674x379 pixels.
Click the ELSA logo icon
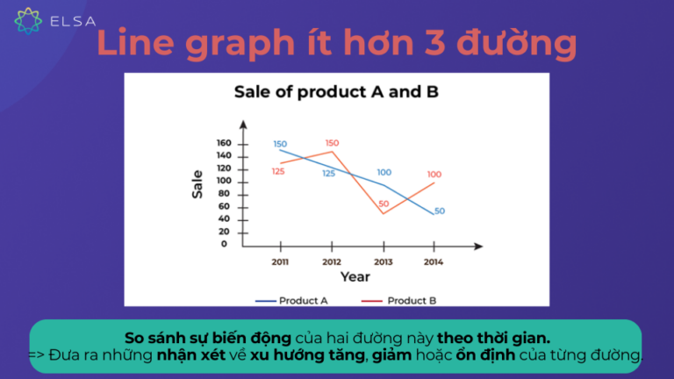28,19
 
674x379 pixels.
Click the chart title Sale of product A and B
336,92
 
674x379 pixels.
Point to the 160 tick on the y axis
224,144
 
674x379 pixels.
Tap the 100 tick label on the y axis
224,181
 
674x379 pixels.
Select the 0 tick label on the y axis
225,244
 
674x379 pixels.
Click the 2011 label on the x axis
279,261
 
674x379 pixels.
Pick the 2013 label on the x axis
383,261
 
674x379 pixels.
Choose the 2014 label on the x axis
433,261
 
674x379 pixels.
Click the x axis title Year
355,277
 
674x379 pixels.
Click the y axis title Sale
198,188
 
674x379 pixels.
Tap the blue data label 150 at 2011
280,144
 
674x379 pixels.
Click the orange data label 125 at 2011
278,171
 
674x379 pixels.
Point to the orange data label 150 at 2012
332,143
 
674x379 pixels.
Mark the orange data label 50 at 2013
384,204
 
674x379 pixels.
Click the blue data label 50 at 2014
440,211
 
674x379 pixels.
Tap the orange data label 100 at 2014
434,175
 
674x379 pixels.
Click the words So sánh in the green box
152,338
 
